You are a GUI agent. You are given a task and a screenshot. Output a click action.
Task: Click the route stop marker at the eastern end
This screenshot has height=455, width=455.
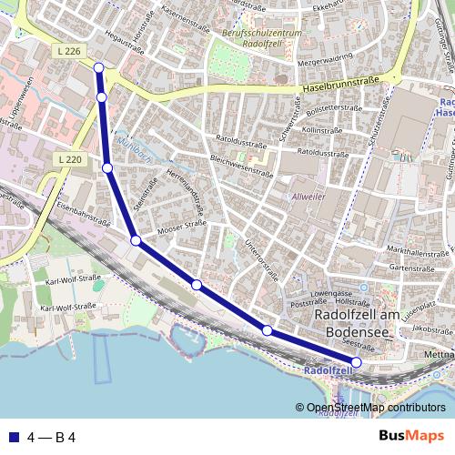(356, 362)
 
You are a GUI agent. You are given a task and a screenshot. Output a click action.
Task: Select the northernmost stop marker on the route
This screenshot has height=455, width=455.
(98, 66)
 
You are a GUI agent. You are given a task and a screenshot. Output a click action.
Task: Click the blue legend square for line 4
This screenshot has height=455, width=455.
(11, 437)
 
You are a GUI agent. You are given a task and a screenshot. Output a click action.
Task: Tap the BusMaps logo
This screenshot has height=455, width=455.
(412, 436)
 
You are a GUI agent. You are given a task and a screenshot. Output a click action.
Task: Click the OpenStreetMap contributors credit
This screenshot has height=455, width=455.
(376, 408)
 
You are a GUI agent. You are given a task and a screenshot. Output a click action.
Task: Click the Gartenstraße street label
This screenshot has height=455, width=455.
(409, 268)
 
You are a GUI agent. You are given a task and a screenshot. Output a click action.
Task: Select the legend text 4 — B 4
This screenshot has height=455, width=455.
(52, 437)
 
